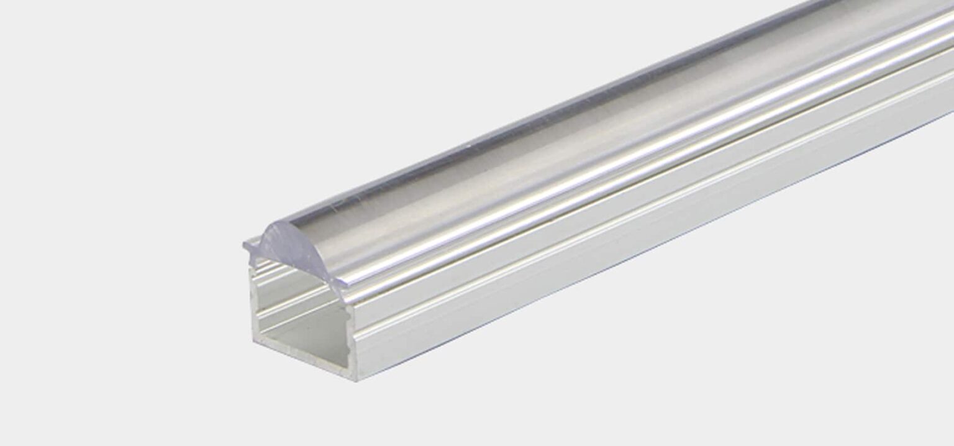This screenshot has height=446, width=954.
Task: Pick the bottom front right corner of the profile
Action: click(357, 380)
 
